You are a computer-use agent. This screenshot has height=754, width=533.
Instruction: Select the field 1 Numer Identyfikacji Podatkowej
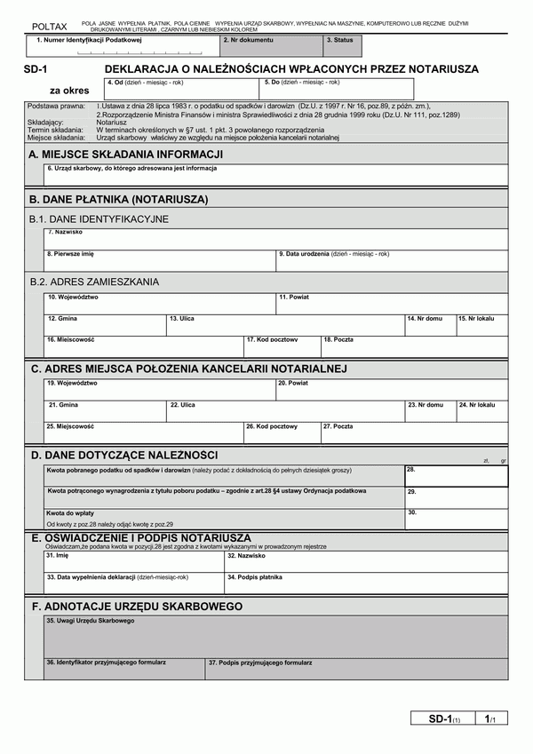point(122,47)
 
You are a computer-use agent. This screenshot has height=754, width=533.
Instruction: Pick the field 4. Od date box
point(181,89)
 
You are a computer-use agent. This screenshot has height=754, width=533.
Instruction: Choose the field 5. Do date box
point(338,89)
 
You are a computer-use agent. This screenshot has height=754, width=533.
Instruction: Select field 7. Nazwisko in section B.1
point(275,239)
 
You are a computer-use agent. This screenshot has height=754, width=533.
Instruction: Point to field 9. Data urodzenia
point(392,259)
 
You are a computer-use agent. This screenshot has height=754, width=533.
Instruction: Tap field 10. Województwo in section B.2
point(160,304)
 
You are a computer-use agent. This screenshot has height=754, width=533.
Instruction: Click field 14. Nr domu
point(430,325)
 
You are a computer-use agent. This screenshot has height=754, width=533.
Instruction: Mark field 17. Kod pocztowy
point(282,346)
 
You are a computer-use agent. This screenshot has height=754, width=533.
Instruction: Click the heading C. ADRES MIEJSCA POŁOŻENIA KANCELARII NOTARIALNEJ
point(188,369)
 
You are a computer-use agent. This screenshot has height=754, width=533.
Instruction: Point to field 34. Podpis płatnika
point(366,583)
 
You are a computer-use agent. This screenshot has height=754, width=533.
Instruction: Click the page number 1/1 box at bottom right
point(489,718)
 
